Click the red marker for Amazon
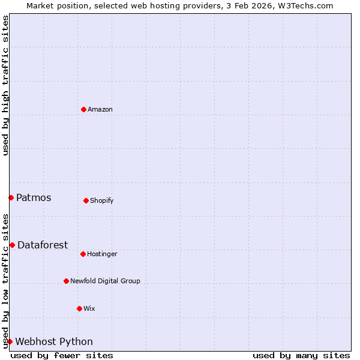tap(83, 109)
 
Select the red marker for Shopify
tap(86, 200)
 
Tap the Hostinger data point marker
tap(83, 254)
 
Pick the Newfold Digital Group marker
tap(66, 281)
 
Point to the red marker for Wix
tap(79, 308)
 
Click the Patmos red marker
tap(11, 197)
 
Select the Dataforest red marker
tap(12, 245)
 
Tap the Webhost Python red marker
tap(10, 341)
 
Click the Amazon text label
tap(100, 109)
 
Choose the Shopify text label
tap(102, 200)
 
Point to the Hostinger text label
tap(102, 254)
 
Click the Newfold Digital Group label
tap(105, 281)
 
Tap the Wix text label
tap(89, 308)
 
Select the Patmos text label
tap(34, 197)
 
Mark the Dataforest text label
tap(43, 245)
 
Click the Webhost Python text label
tap(54, 341)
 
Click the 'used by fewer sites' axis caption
tap(62, 355)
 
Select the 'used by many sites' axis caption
tap(301, 355)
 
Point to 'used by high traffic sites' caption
tap(5, 85)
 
